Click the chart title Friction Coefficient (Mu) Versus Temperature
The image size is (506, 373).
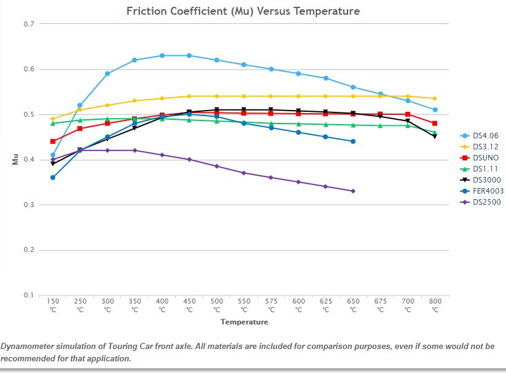click(243, 11)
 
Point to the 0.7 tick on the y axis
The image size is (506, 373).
click(28, 24)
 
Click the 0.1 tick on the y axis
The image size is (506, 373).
click(28, 295)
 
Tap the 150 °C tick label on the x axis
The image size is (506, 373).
click(53, 305)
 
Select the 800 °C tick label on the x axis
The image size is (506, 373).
click(435, 305)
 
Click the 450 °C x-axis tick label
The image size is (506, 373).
click(189, 305)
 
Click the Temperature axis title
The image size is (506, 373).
click(244, 322)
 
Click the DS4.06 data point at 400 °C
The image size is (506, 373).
click(162, 55)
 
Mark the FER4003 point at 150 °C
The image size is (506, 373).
click(53, 178)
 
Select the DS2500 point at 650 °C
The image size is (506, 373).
click(353, 191)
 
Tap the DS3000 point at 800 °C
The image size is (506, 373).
click(435, 136)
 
